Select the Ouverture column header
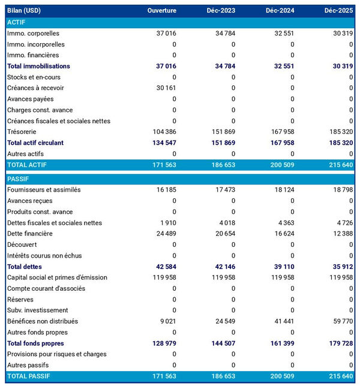coord(162,11)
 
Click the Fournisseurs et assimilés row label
coord(44,190)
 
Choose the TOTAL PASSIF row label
coord(28,376)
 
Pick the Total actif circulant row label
coord(35,143)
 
